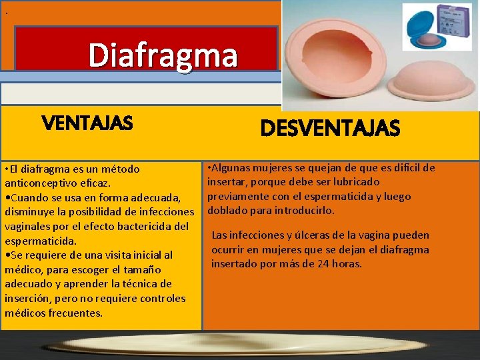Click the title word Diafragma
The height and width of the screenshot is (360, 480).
(163, 55)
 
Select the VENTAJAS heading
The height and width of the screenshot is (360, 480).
(87, 123)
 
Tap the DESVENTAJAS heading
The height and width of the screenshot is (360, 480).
(330, 127)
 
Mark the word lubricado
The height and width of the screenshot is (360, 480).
(353, 181)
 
